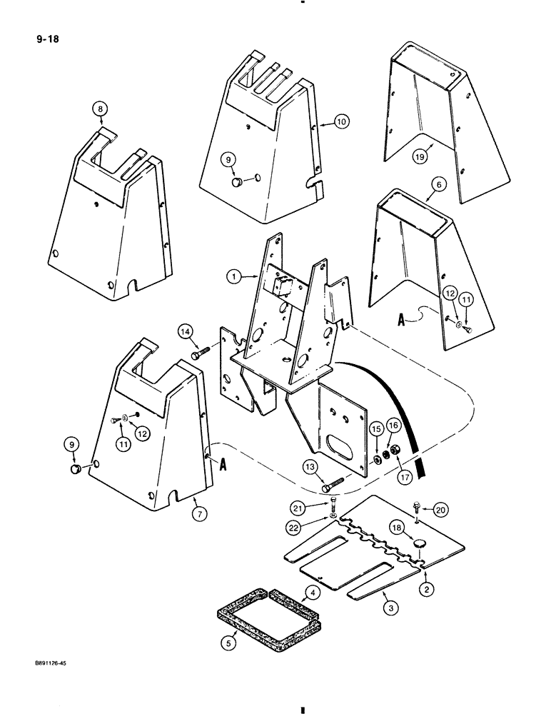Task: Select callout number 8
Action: pos(101,109)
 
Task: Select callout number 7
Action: pos(200,510)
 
